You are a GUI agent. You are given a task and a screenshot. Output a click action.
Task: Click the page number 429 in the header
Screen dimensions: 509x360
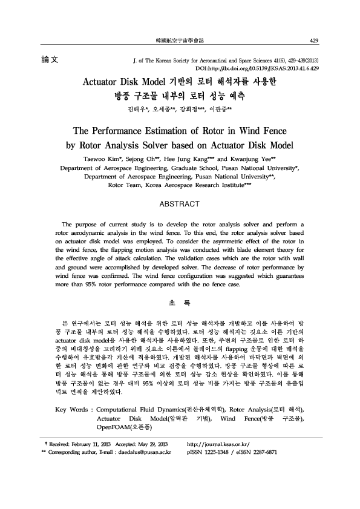[313, 41]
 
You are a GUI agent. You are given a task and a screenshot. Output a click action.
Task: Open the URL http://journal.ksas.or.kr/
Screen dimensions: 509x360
[219, 461]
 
